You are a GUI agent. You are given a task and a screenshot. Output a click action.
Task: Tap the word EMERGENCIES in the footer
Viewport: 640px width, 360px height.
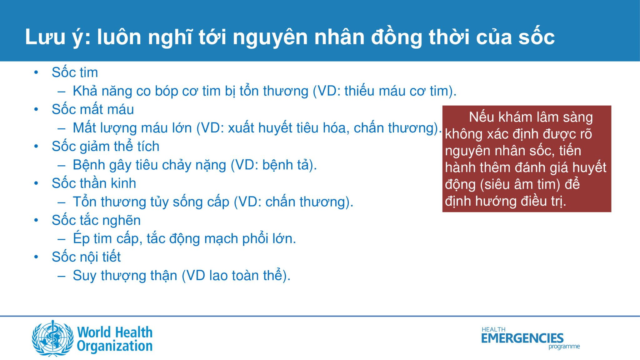click(x=522, y=338)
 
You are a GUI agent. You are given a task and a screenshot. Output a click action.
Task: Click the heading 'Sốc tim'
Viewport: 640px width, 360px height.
click(x=75, y=72)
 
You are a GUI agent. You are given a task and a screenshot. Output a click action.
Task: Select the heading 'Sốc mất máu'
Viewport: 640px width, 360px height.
click(x=93, y=109)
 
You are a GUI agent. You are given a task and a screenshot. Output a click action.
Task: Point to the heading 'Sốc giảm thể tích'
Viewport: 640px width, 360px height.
click(x=106, y=146)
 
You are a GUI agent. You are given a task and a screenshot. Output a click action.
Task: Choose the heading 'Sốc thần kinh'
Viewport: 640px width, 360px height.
click(x=94, y=183)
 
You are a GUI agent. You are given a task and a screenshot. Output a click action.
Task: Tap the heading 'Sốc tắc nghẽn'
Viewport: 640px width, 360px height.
click(x=96, y=220)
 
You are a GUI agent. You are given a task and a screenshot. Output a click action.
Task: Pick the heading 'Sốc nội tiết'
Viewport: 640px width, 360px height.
click(x=86, y=257)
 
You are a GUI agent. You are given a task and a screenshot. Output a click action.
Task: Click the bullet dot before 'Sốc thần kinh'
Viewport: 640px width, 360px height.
click(x=36, y=183)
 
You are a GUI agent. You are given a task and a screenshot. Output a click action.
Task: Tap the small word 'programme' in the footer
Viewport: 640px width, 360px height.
click(x=564, y=347)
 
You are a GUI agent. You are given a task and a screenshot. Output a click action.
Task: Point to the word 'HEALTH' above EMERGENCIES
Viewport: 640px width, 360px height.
click(x=493, y=329)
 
